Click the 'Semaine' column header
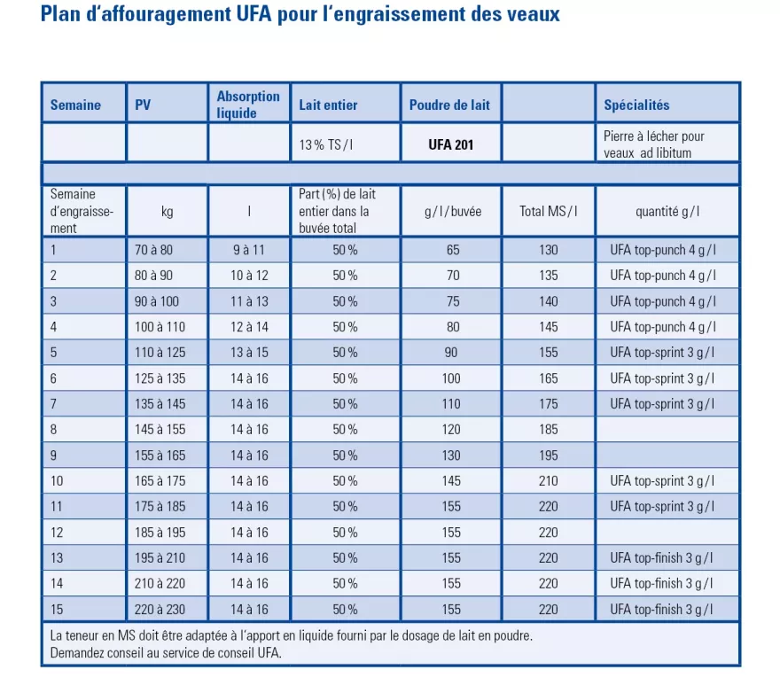tap(75, 105)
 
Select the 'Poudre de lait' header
tap(449, 105)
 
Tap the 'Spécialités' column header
tap(636, 105)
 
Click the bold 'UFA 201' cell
tap(450, 144)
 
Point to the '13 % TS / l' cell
tap(324, 144)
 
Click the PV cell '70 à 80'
tap(160, 250)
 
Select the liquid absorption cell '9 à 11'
tap(249, 250)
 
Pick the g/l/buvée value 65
tap(453, 250)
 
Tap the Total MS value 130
tap(549, 250)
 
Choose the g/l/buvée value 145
tap(453, 481)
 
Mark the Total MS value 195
tap(549, 455)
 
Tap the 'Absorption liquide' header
tap(248, 105)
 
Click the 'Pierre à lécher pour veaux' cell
tap(654, 144)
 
